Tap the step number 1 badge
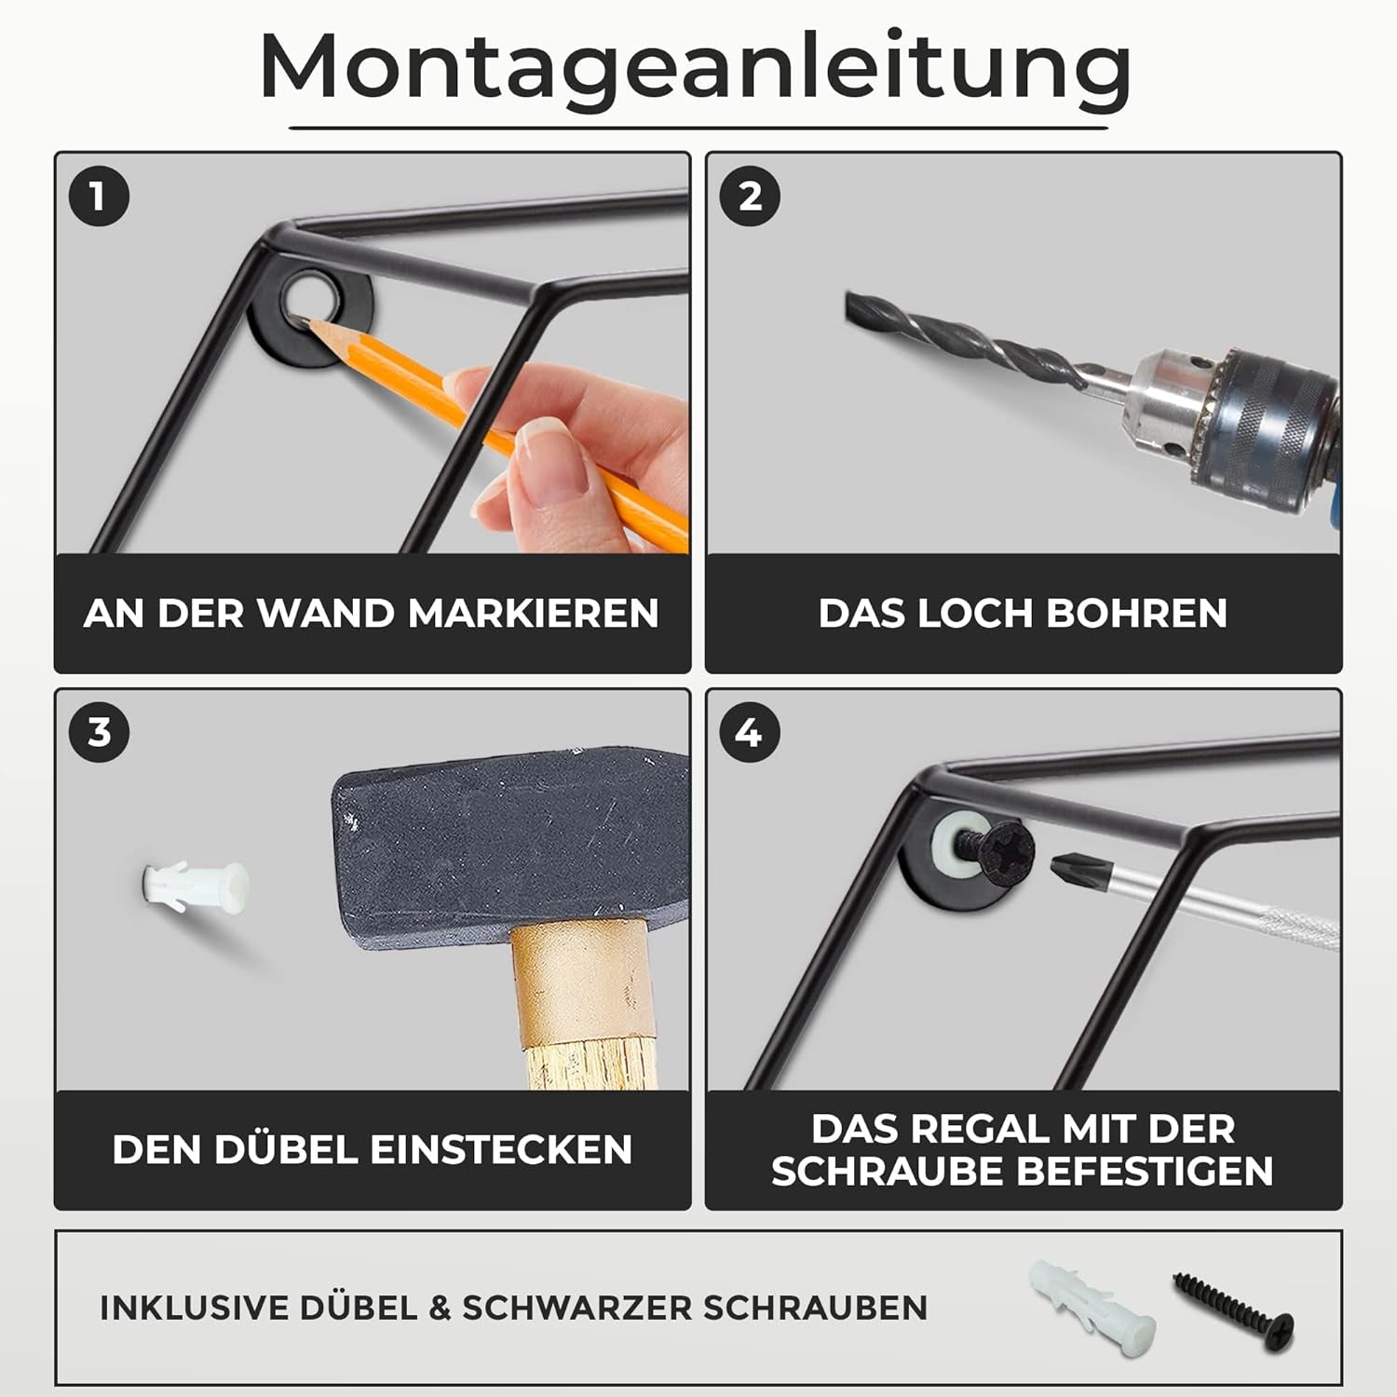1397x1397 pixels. (99, 197)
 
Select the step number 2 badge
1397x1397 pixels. (750, 197)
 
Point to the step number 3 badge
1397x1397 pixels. (99, 733)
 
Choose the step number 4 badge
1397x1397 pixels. (750, 733)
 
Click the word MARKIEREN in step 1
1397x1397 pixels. (533, 614)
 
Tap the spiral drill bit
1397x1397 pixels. (959, 340)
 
